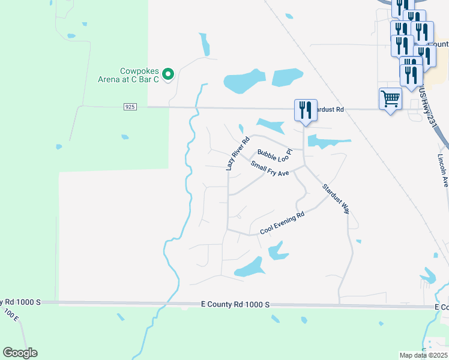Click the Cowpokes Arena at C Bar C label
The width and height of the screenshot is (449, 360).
pyautogui.click(x=128, y=74)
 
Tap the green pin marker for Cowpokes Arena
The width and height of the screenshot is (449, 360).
pyautogui.click(x=169, y=74)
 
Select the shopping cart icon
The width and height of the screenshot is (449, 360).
pyautogui.click(x=391, y=99)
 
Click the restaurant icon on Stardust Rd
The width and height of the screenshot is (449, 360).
pyautogui.click(x=306, y=110)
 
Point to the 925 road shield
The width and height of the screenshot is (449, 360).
pyautogui.click(x=131, y=107)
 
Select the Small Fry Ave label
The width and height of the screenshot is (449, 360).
pyautogui.click(x=270, y=169)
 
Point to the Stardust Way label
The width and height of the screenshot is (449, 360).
pyautogui.click(x=336, y=199)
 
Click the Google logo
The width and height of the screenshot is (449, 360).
pyautogui.click(x=20, y=353)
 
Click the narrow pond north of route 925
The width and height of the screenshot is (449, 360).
pyautogui.click(x=205, y=44)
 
